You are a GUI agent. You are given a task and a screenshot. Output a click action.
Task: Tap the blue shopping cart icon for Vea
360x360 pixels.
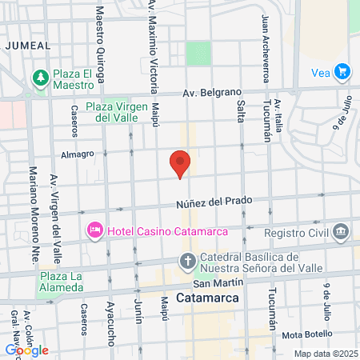pyautogui.click(x=342, y=71)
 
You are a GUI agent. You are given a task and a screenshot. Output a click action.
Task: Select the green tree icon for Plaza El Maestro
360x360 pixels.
pyautogui.click(x=39, y=78)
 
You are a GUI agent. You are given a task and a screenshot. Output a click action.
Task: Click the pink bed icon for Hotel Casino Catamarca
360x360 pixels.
pyautogui.click(x=95, y=231)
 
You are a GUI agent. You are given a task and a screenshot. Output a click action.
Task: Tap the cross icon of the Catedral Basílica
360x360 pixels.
pyautogui.click(x=187, y=261)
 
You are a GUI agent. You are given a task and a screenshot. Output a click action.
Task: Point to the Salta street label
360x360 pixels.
pyautogui.click(x=241, y=110)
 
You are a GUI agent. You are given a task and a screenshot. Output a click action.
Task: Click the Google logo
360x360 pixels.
pyautogui.click(x=26, y=350)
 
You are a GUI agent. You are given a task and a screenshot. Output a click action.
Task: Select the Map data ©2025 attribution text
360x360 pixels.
pyautogui.click(x=324, y=354)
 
